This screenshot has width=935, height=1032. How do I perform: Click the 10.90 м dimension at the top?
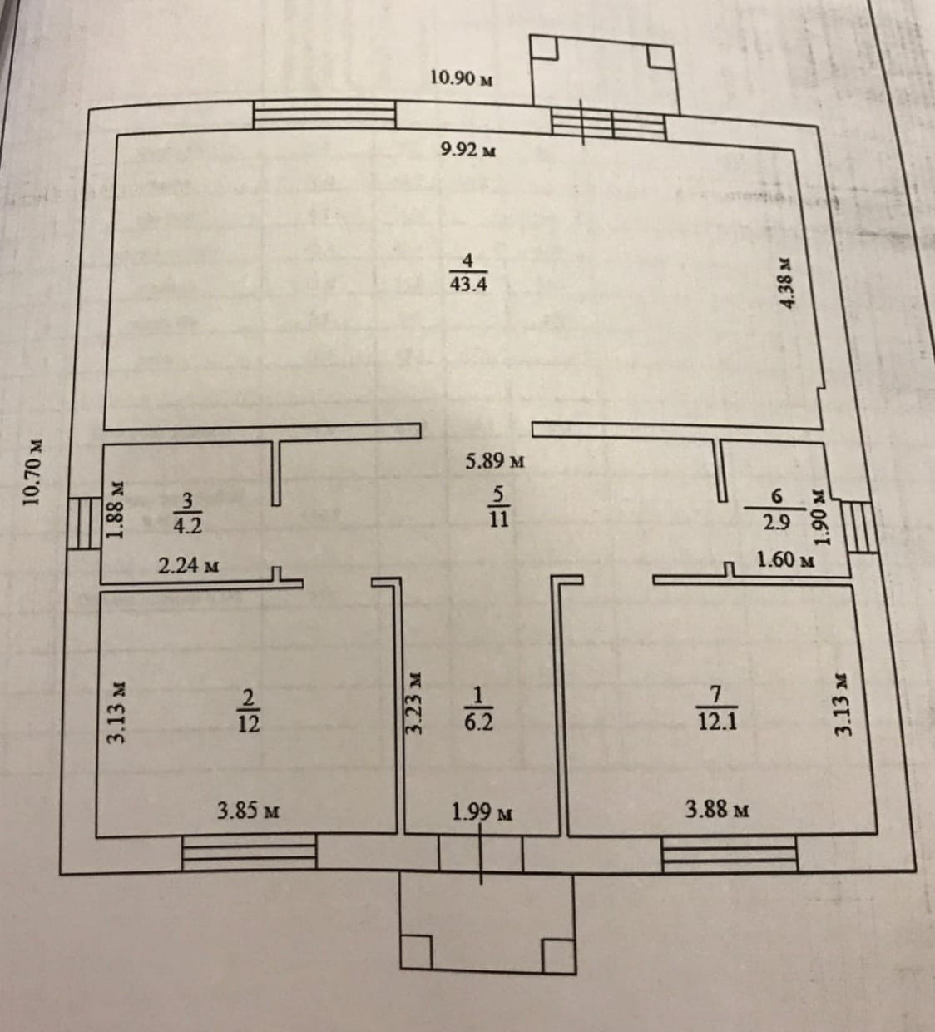pos(462,79)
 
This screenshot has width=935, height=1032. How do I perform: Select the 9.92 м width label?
pos(469,150)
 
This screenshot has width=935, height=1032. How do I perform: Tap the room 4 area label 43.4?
pos(467,274)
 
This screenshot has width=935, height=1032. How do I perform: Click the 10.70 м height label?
pos(32,472)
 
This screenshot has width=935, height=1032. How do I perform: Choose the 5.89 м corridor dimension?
pos(494,461)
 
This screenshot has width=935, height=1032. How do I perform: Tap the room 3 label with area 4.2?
pos(187,513)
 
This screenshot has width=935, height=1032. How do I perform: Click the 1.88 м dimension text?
pos(117,509)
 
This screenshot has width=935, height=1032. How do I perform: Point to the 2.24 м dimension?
pos(189,567)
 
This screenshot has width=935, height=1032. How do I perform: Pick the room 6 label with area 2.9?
pos(777,509)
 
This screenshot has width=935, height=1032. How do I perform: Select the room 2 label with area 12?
pos(247,712)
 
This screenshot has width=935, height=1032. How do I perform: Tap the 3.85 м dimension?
pos(247,809)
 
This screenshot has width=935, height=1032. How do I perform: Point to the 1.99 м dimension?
pos(482,811)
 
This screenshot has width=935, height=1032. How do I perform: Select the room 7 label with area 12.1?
pos(716,710)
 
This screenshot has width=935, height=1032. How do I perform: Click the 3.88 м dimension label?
pos(717,807)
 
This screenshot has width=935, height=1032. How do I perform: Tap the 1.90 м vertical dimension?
pos(822,516)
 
